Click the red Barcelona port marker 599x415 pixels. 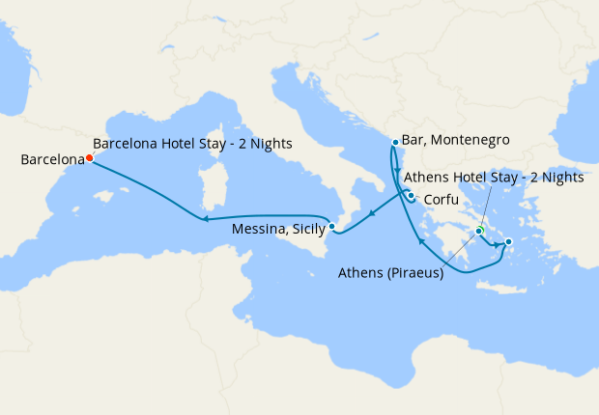88,158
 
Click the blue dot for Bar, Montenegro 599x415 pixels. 394,143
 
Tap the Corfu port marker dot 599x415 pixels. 411,196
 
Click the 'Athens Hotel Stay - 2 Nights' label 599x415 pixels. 493,178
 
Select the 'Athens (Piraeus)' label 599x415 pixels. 390,273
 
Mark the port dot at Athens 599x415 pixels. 479,231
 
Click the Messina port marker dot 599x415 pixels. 331,227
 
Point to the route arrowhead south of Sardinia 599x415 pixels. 206,220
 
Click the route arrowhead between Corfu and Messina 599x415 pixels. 371,211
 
